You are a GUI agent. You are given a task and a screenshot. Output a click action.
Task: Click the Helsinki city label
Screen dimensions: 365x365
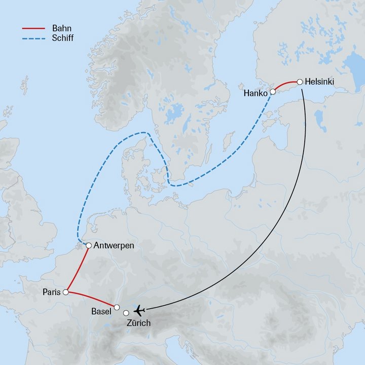(x=320, y=81)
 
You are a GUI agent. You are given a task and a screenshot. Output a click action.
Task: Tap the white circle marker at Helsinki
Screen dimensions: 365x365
(x=300, y=81)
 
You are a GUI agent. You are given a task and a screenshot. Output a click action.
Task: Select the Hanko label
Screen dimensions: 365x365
(x=256, y=93)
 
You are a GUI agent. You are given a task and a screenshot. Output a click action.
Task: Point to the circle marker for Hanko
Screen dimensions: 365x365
(x=273, y=92)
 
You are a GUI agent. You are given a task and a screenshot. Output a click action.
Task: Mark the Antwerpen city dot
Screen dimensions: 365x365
(x=89, y=245)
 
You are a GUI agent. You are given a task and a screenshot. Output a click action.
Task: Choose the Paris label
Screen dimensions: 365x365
(x=52, y=293)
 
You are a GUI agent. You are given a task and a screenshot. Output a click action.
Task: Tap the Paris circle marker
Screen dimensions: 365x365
(x=65, y=292)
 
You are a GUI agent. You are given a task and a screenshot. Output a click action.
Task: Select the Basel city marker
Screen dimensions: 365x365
(x=117, y=307)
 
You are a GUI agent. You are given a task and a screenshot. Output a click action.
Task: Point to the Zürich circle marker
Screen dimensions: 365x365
(x=126, y=312)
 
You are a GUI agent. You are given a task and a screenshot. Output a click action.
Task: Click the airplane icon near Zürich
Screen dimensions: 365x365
(x=139, y=309)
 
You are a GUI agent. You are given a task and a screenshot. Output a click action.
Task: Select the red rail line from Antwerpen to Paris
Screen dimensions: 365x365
(x=78, y=268)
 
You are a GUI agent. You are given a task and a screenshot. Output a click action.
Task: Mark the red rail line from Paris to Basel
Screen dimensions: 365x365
(x=91, y=299)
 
